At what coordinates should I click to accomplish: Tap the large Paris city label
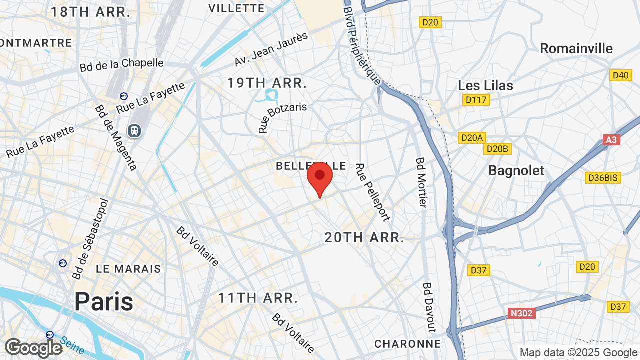(104, 301)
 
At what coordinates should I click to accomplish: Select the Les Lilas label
(485, 85)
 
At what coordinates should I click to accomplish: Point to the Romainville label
(576, 48)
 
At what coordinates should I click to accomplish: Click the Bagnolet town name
(516, 170)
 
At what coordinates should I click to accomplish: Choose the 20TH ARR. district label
(364, 238)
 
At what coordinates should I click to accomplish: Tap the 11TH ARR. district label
(258, 298)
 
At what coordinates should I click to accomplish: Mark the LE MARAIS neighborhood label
(128, 269)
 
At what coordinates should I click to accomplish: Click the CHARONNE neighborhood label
(408, 344)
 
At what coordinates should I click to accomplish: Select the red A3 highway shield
(611, 140)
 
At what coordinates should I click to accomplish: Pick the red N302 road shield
(521, 313)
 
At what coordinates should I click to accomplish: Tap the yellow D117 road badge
(476, 100)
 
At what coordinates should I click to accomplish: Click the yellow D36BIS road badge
(603, 178)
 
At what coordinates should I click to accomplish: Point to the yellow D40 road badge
(620, 75)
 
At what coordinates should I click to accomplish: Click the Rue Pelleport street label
(372, 192)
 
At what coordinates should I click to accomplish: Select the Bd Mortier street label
(421, 183)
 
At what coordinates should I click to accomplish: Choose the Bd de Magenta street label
(116, 137)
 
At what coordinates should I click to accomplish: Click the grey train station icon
(134, 131)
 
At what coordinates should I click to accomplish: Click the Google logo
(33, 348)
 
